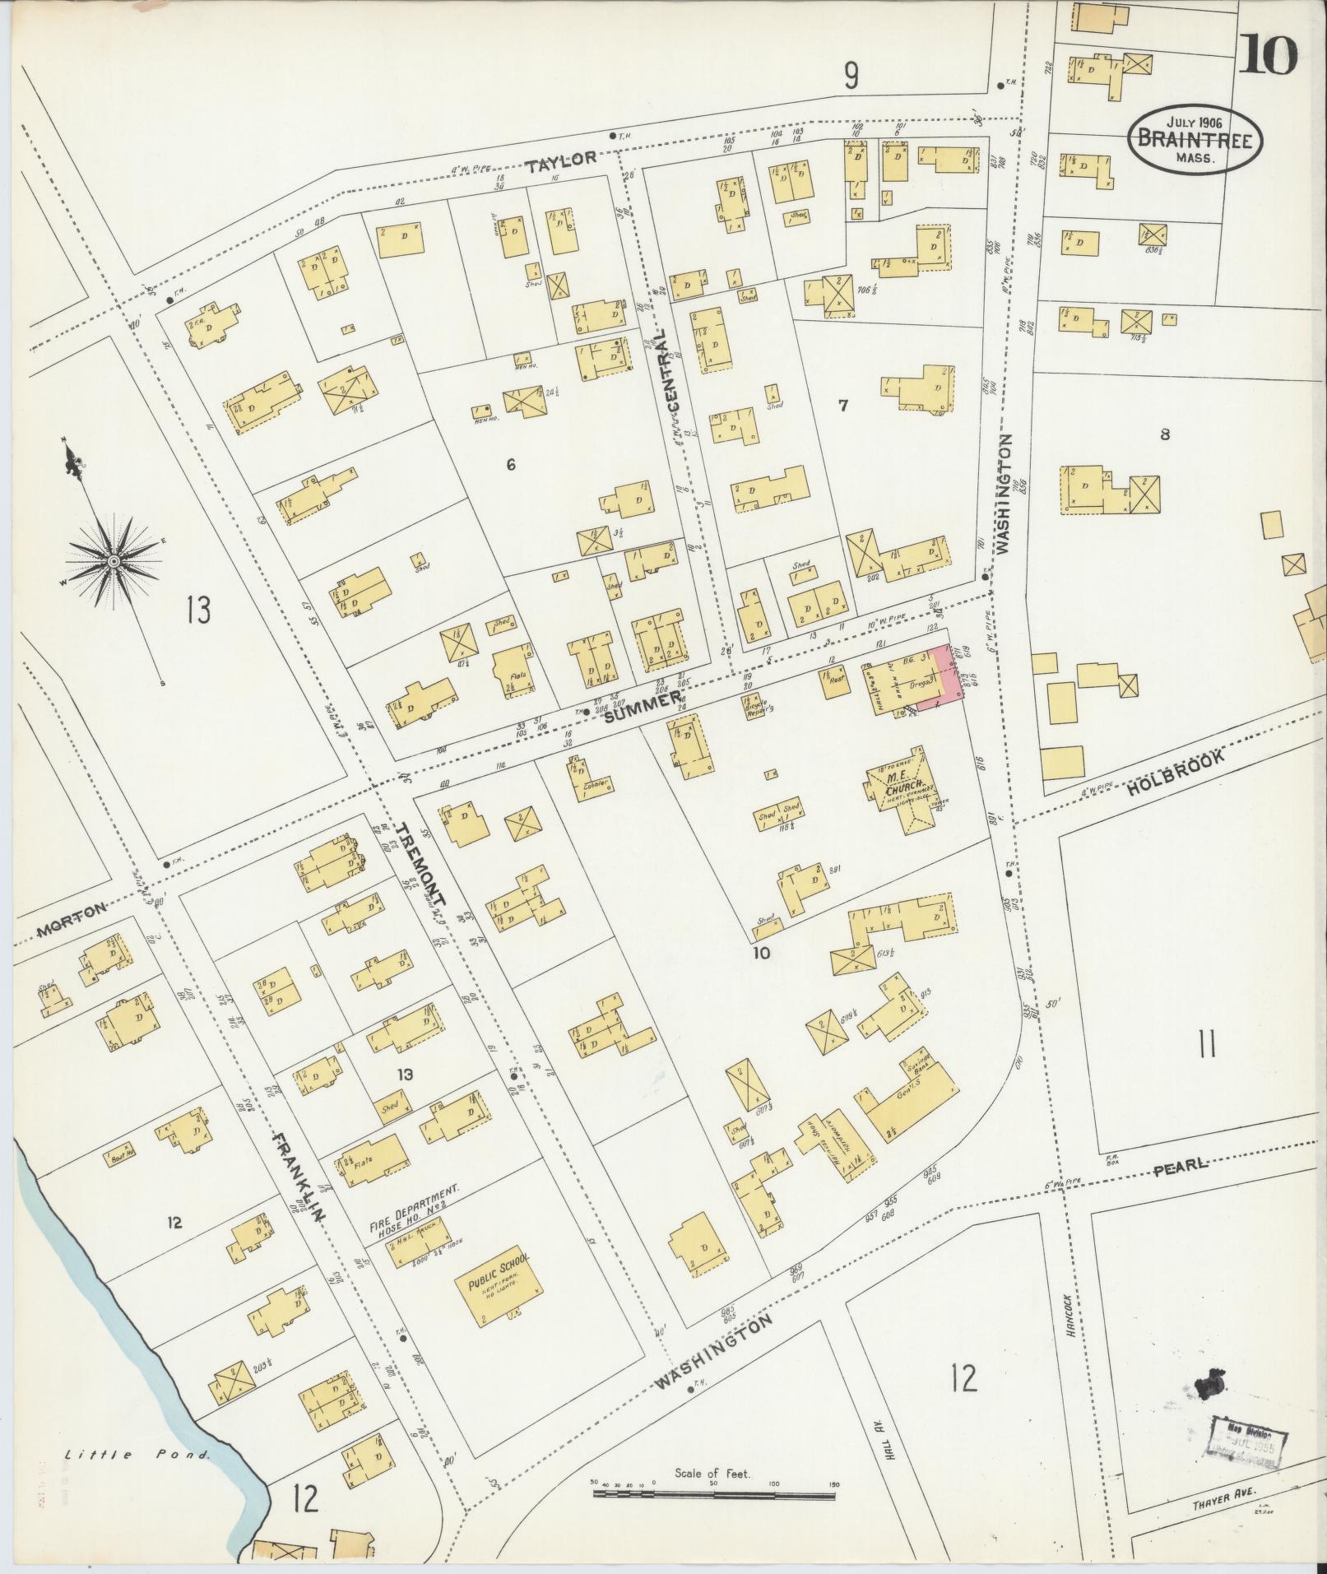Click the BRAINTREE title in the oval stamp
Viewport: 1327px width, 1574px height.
(1195, 139)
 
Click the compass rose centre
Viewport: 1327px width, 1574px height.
(114, 561)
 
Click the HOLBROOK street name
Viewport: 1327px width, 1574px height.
(1177, 775)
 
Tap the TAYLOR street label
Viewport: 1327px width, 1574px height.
(561, 161)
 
